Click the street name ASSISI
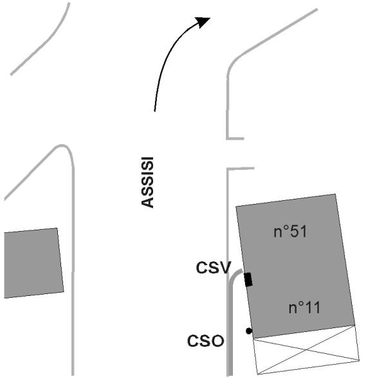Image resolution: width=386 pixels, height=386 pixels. tap(147, 183)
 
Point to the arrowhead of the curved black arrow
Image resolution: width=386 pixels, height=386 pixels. tap(205, 21)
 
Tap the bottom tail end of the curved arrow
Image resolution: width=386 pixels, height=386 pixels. tap(154, 111)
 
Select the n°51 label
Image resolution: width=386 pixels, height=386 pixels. tap(290, 232)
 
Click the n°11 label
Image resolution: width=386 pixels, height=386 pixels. tap(304, 308)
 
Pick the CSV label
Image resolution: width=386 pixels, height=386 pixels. tap(212, 268)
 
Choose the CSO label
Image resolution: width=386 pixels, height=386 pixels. tap(206, 340)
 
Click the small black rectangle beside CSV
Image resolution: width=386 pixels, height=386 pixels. tap(248, 279)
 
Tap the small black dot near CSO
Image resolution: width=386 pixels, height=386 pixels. tap(249, 331)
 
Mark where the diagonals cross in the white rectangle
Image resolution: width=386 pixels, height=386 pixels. tap(307, 350)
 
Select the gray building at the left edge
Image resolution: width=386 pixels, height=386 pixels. tap(32, 262)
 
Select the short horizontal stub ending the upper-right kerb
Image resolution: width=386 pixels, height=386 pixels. tap(235, 138)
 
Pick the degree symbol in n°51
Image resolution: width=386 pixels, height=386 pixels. tap(286, 228)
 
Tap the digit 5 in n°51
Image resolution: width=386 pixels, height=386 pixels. tap(294, 232)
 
